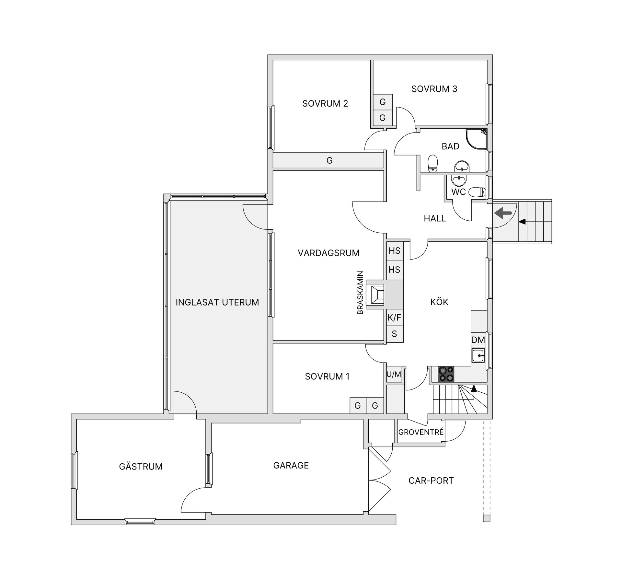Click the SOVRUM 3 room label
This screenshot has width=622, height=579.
tap(434, 89)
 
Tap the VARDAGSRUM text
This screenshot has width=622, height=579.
tap(328, 253)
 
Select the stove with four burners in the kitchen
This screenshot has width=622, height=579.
tap(446, 374)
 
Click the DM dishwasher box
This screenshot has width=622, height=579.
tap(478, 340)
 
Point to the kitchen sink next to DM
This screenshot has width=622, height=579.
tap(478, 356)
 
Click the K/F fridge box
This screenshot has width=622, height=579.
tap(394, 318)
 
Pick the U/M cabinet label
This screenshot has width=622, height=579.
tap(394, 375)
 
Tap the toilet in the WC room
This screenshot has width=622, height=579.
tap(477, 192)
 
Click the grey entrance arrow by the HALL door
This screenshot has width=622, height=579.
tap(503, 213)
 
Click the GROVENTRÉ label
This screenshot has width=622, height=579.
tap(420, 432)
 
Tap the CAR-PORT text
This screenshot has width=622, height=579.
tap(431, 481)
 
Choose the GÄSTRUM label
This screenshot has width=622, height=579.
tap(141, 467)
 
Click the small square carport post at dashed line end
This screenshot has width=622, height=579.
tap(486, 527)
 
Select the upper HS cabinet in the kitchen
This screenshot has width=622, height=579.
tap(394, 250)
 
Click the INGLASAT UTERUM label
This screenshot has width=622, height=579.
tap(217, 302)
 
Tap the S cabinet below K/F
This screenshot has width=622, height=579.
tap(394, 334)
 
